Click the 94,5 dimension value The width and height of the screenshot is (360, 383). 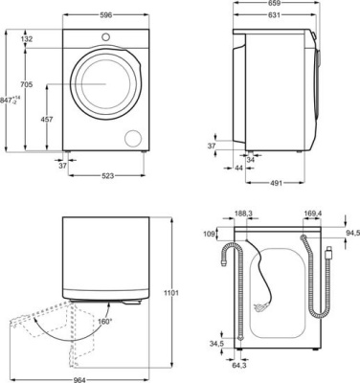pos(351,232)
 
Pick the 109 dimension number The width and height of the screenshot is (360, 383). pos(209,233)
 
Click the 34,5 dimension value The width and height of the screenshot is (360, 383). pos(216,343)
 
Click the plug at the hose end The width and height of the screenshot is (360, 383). pos(328,254)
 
